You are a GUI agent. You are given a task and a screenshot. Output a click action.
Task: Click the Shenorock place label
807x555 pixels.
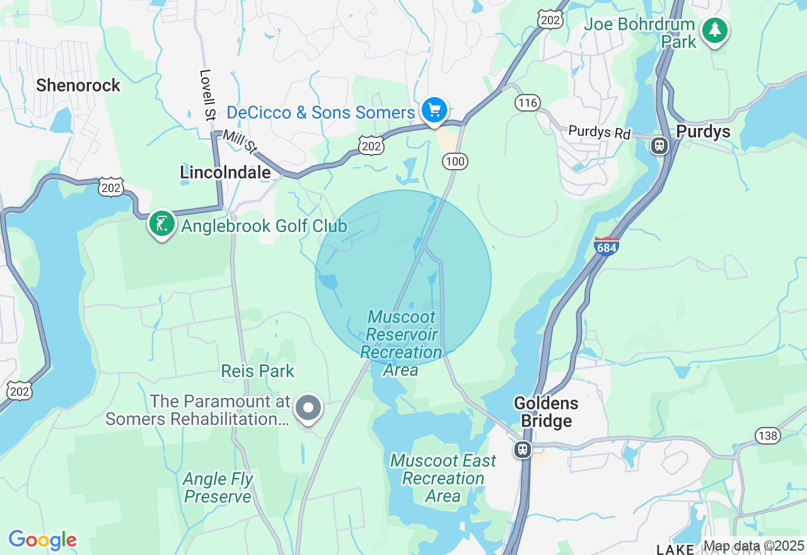click(78, 85)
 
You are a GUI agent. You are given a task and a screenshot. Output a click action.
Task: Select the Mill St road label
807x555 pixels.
click(240, 142)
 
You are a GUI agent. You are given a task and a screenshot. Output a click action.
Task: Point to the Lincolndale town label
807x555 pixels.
click(225, 172)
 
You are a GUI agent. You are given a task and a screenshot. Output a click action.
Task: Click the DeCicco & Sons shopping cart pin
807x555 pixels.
click(434, 110)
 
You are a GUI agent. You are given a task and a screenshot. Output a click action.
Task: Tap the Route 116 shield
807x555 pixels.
click(528, 102)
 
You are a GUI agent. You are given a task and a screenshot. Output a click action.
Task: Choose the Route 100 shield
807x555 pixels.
click(455, 161)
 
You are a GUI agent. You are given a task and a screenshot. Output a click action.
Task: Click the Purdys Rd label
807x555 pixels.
click(599, 132)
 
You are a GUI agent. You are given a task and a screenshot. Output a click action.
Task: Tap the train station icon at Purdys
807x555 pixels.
click(659, 146)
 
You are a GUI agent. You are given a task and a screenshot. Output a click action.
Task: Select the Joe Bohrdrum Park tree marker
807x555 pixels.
click(714, 30)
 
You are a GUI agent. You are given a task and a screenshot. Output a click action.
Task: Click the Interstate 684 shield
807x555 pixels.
click(606, 247)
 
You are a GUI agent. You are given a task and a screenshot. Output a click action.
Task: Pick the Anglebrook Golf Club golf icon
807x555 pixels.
click(162, 224)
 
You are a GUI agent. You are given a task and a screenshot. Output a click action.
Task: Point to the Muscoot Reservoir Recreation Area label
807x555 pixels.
click(402, 343)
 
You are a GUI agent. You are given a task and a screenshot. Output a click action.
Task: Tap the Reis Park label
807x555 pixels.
click(257, 371)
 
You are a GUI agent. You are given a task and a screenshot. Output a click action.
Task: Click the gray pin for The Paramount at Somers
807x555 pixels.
click(308, 407)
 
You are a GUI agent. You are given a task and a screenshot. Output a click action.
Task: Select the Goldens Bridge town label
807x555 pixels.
click(546, 412)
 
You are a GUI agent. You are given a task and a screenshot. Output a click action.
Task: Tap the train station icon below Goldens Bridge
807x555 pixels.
click(522, 449)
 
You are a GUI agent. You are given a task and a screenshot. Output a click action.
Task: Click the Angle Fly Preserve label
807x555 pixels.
click(218, 488)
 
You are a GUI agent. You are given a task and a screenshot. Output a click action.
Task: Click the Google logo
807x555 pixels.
click(42, 540)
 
